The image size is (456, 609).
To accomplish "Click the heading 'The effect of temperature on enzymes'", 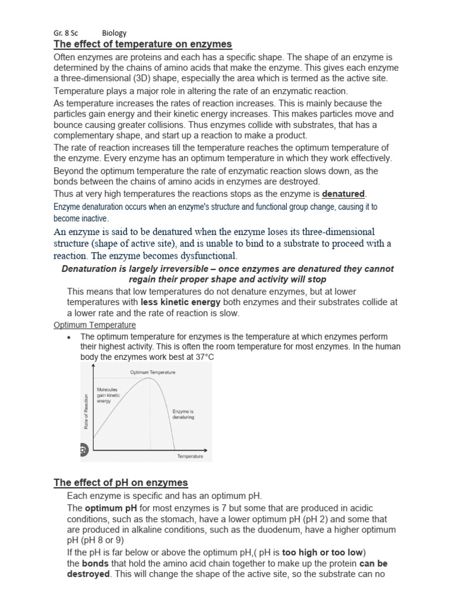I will (x=142, y=45).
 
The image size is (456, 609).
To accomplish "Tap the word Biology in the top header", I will (x=114, y=33).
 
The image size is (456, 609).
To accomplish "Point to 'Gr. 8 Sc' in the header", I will (x=65, y=33).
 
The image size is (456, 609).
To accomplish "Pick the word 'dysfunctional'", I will (x=206, y=256).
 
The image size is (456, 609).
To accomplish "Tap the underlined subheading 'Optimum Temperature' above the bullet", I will (x=94, y=325).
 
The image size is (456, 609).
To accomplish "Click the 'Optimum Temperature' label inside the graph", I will (x=153, y=372).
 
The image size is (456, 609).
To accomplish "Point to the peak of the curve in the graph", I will (x=151, y=379).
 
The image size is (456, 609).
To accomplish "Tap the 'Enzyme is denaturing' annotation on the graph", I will (x=183, y=414).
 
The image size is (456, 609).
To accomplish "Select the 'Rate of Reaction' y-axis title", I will (x=86, y=411).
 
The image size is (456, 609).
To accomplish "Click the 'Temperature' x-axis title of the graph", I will (x=190, y=456).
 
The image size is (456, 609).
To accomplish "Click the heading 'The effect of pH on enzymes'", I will (x=121, y=482).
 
